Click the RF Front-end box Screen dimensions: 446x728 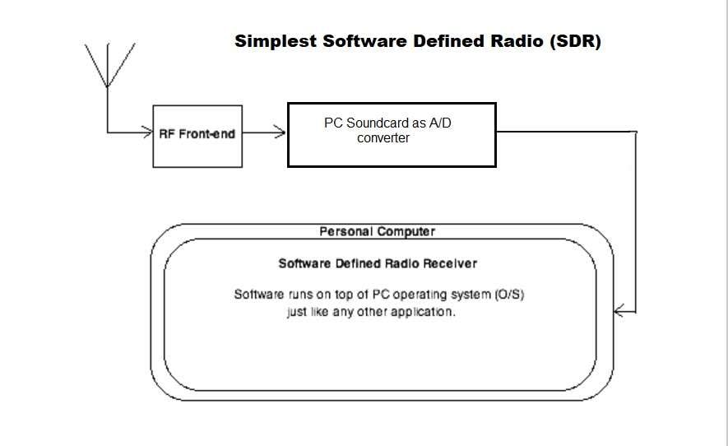(x=197, y=136)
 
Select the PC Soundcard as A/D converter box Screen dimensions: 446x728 (x=391, y=134)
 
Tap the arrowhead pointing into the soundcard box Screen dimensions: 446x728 (x=281, y=132)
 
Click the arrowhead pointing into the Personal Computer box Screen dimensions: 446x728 (x=619, y=311)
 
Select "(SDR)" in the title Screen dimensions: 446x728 (x=573, y=41)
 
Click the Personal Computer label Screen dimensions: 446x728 (x=377, y=232)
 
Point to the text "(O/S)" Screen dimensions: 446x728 (x=509, y=294)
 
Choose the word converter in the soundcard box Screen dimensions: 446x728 (x=383, y=138)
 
